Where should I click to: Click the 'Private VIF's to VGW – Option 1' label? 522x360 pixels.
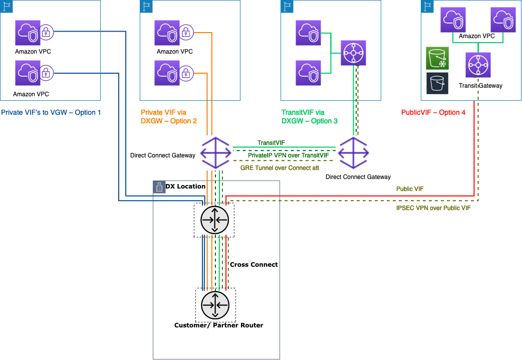pos(51,112)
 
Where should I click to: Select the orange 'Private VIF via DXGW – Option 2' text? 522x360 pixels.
pos(169,117)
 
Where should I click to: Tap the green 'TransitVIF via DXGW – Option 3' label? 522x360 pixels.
pos(310,117)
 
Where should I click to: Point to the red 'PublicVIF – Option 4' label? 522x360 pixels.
pos(433,112)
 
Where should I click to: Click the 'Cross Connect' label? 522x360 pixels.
pos(253,264)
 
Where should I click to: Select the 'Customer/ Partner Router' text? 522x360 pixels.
pos(218,325)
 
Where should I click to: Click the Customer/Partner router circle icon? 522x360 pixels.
pos(215,305)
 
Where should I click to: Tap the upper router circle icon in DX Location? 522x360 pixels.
pos(214,220)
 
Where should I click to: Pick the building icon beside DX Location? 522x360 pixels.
pos(159,187)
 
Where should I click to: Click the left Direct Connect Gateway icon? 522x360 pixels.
pos(215,153)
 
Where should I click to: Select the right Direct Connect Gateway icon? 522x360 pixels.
pos(354,153)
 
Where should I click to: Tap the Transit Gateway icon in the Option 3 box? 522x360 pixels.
pos(354,53)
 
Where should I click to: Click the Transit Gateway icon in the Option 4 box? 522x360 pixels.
pos(478,65)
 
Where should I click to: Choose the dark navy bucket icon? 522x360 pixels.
pos(437,83)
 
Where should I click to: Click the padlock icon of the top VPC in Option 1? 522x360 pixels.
pos(46,32)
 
